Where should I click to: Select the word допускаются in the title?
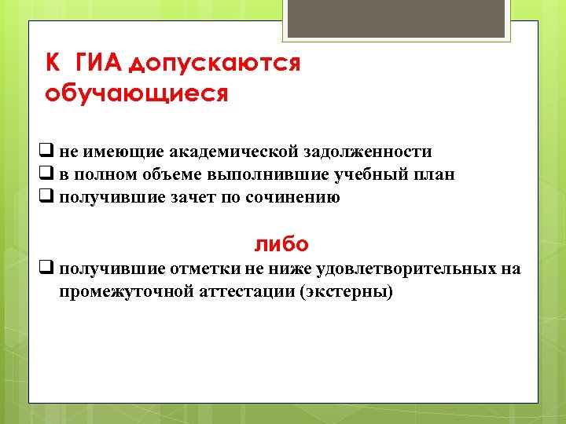coord(214,64)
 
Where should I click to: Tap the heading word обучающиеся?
coord(137,94)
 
